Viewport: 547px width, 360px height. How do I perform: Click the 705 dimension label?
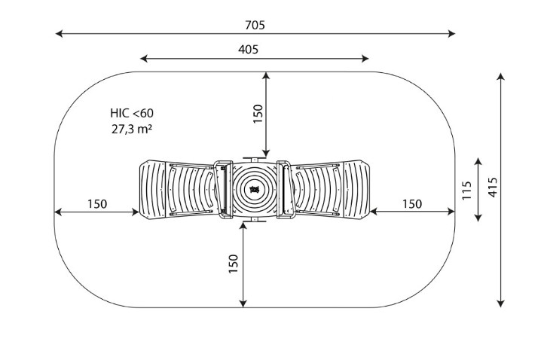click(x=255, y=25)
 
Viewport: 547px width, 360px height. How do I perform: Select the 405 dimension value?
click(x=249, y=50)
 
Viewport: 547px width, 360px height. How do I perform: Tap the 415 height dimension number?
click(x=493, y=188)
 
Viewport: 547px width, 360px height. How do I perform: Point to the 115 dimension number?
click(x=466, y=190)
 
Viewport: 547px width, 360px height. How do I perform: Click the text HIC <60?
click(x=132, y=113)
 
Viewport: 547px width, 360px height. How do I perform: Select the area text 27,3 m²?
click(x=132, y=129)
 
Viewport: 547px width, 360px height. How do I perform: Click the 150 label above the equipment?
click(x=258, y=114)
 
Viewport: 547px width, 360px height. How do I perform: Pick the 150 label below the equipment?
click(x=233, y=264)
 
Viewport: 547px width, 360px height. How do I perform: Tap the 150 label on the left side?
click(x=97, y=203)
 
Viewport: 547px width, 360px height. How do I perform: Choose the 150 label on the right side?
click(x=412, y=203)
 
